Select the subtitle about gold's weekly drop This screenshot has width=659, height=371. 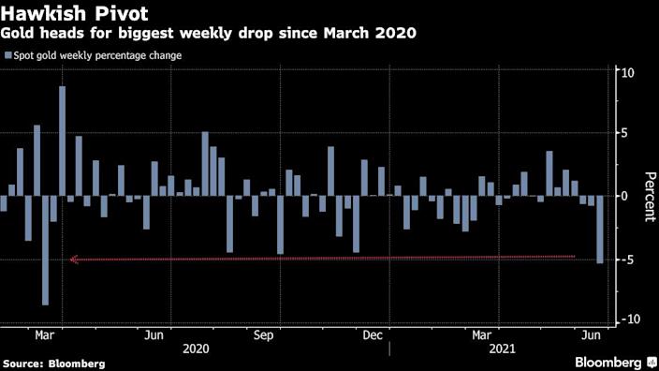tap(209, 33)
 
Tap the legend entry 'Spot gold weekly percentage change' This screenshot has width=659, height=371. tap(97, 55)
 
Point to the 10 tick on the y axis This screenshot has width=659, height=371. tap(628, 73)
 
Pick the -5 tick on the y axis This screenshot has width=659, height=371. tap(628, 259)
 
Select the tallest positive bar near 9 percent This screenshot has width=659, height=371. tap(62, 141)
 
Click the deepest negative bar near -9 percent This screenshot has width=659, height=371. tap(45, 250)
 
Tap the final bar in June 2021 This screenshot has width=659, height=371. tap(600, 230)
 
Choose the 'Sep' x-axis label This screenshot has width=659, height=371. tap(263, 334)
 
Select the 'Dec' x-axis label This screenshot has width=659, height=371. tap(373, 334)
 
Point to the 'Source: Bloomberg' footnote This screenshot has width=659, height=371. tap(53, 363)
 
